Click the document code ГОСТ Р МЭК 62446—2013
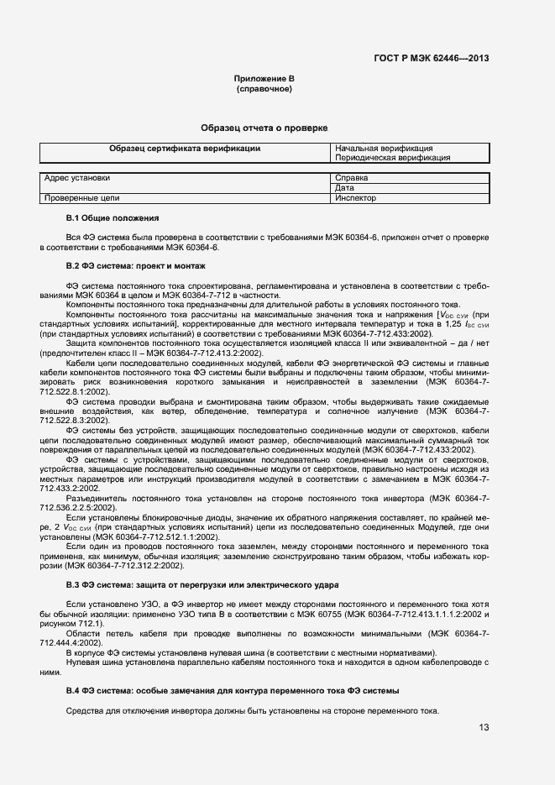click(431, 58)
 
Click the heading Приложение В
click(264, 78)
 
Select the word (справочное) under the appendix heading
click(264, 88)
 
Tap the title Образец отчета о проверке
click(264, 128)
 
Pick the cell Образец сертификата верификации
click(185, 148)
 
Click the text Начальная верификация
click(384, 148)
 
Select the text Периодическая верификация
click(392, 157)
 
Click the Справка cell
click(351, 178)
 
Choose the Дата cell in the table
click(343, 188)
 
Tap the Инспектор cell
click(355, 198)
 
